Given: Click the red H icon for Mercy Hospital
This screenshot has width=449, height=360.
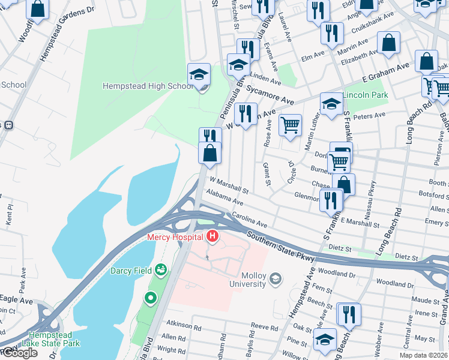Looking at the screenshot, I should (x=212, y=237).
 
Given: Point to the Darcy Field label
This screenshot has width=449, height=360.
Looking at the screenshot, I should (x=130, y=271).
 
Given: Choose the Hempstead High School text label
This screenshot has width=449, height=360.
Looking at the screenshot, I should (x=147, y=86).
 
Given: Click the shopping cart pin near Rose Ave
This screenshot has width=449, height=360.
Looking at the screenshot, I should (x=290, y=125).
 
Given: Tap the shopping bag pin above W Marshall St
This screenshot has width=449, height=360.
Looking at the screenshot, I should (x=210, y=154).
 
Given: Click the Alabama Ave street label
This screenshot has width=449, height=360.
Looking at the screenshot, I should (x=224, y=198).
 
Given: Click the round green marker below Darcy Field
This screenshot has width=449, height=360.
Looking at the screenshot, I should (x=150, y=297).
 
